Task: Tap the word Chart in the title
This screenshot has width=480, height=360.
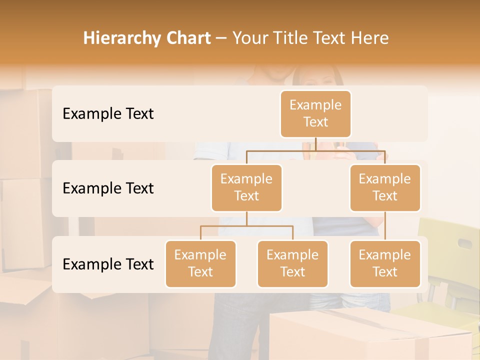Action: (186, 38)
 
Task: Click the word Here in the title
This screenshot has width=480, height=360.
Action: (369, 38)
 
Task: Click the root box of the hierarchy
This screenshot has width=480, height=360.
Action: (315, 113)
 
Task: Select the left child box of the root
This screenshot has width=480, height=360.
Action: (246, 187)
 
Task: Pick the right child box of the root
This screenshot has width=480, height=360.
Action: (385, 187)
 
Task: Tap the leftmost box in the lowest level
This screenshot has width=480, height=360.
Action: (200, 263)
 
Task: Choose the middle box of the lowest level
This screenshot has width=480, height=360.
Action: (292, 263)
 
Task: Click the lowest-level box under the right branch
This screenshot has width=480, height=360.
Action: (385, 263)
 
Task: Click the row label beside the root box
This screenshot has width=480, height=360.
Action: (108, 113)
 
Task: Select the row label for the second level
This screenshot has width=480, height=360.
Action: (108, 188)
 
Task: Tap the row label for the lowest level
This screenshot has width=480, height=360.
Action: (108, 264)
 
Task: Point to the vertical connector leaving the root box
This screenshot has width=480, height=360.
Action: (315, 144)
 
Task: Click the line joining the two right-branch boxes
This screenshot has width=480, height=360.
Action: (385, 226)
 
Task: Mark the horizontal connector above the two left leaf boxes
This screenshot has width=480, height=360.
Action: (246, 226)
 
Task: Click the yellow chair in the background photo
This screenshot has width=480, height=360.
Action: (447, 260)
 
